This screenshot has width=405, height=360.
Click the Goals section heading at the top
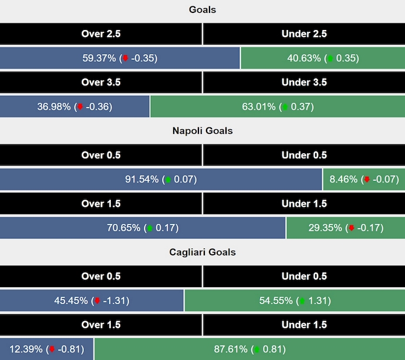[x=203, y=9]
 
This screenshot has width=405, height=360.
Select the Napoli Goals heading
[x=203, y=130]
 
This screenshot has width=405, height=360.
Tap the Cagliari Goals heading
[x=203, y=252]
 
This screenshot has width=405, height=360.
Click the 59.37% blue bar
[x=120, y=58]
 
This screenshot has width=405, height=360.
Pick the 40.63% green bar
[x=322, y=58]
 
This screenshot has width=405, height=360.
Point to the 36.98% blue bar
[x=75, y=106]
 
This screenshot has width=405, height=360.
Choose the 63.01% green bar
[x=277, y=106]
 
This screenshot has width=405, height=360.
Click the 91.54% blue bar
[x=161, y=179]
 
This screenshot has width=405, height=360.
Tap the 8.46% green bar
[x=363, y=179]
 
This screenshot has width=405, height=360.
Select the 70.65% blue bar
[x=143, y=228]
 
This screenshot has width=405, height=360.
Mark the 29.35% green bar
[x=345, y=228]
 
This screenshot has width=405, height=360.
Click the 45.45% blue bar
[x=92, y=301]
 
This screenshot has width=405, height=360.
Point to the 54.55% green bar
[x=294, y=301]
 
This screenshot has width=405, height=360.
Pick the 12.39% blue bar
[x=46, y=349]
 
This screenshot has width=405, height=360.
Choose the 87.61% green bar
[x=249, y=349]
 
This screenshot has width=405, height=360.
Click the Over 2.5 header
[x=101, y=34]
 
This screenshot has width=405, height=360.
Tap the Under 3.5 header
[x=304, y=82]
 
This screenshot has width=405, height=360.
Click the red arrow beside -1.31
[x=97, y=301]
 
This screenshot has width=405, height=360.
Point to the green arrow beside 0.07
[x=168, y=180]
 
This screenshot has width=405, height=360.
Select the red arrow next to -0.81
[x=52, y=349]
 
